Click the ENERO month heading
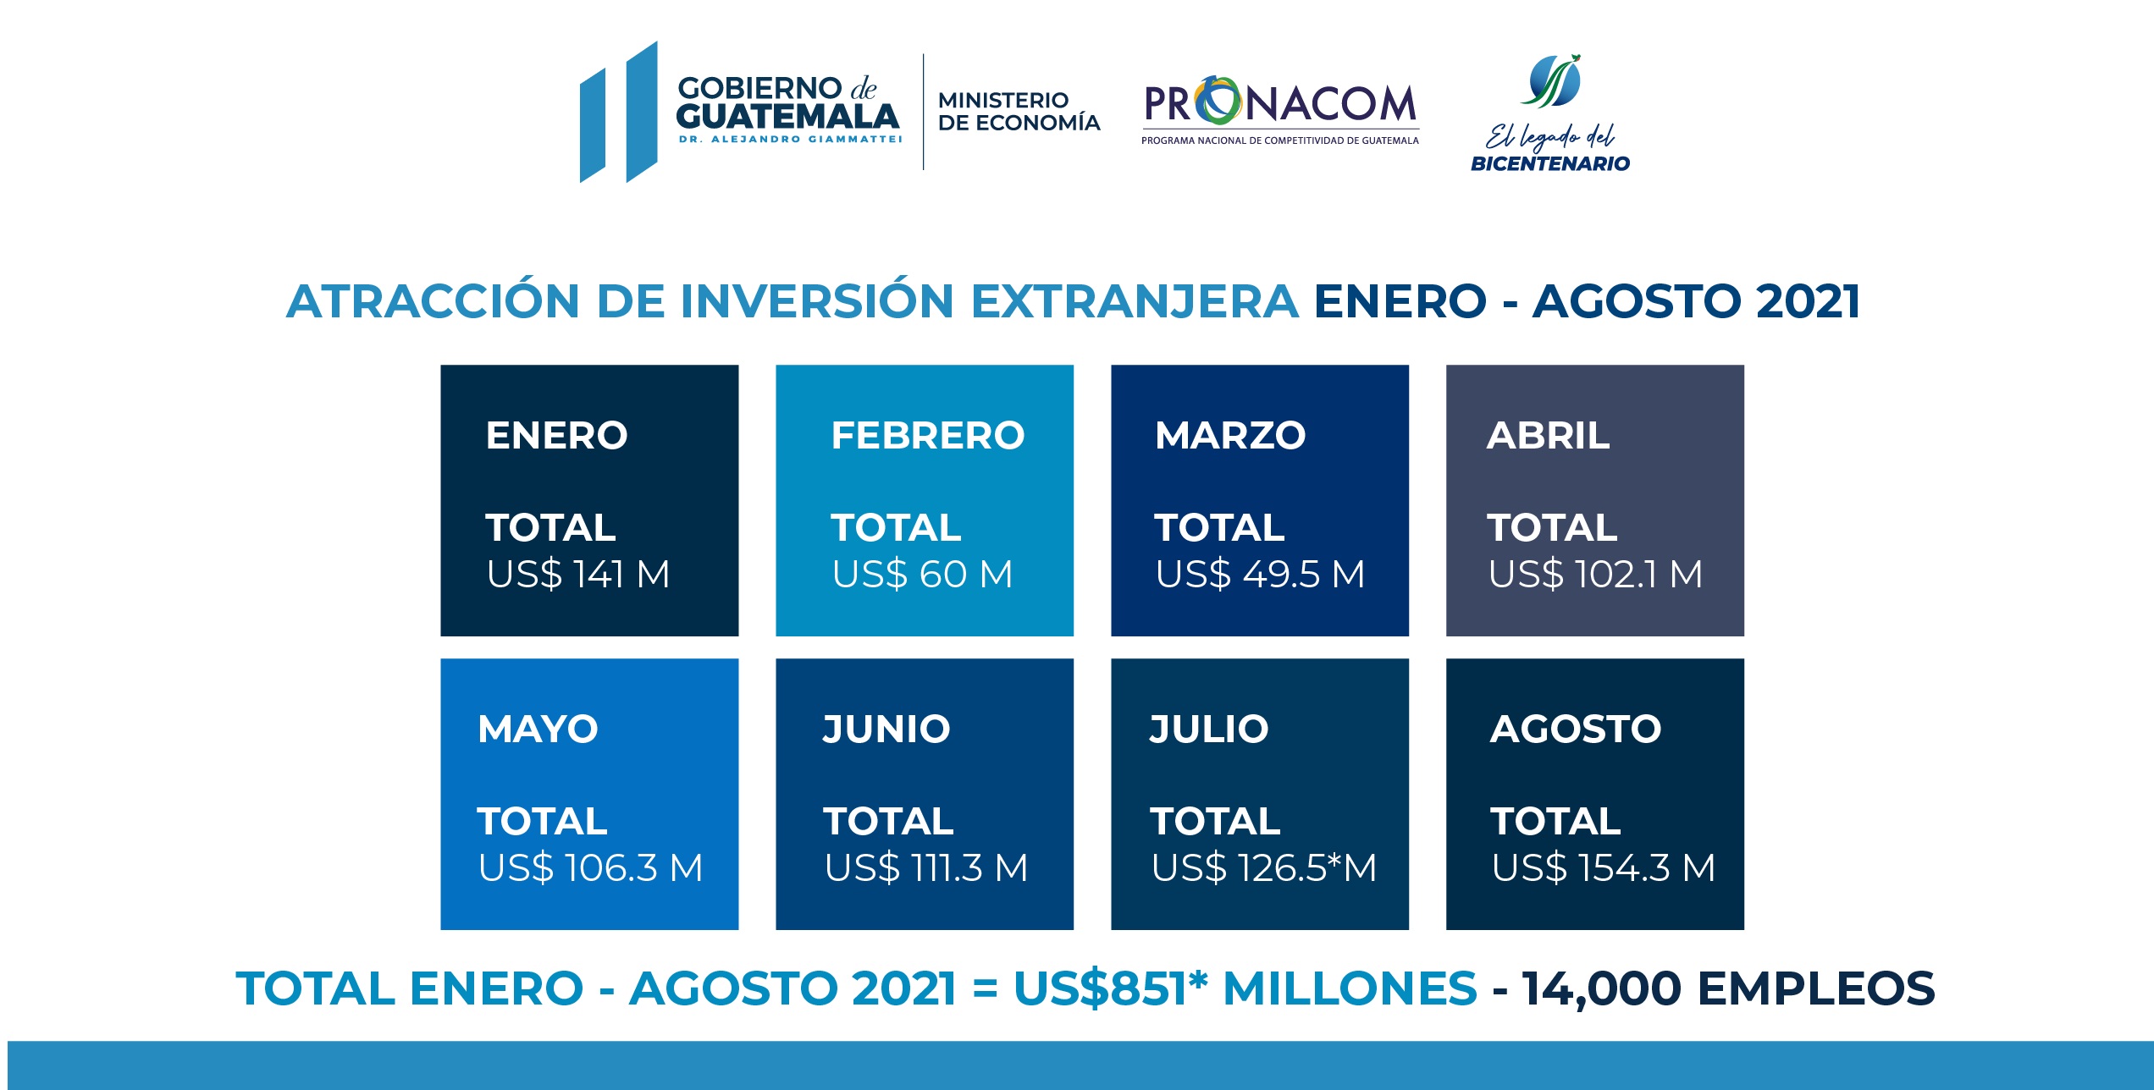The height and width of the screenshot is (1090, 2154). (556, 436)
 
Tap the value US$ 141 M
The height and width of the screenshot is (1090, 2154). (578, 575)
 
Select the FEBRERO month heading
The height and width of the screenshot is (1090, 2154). (927, 436)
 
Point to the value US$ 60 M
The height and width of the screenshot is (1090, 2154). (922, 575)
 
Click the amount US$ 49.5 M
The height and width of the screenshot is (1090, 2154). (1260, 575)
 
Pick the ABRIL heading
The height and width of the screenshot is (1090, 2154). (1548, 436)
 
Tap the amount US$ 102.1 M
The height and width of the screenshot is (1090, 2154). (1595, 575)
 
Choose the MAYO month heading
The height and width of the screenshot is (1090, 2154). (538, 729)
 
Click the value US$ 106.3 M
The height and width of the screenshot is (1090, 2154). (590, 868)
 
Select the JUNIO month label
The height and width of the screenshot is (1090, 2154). (886, 729)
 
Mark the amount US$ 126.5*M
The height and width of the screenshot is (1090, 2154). (1263, 868)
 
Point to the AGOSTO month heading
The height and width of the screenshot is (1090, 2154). (1575, 729)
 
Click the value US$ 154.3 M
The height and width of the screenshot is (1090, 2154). (1603, 868)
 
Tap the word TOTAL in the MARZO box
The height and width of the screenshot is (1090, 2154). (1219, 528)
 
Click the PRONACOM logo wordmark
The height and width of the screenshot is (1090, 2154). (1279, 103)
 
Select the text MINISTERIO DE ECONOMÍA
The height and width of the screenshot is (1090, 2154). (1019, 112)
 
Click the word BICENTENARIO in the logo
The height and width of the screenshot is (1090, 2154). (1549, 164)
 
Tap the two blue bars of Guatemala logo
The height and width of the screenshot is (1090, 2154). (618, 113)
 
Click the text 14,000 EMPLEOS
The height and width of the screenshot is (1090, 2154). (1727, 988)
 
